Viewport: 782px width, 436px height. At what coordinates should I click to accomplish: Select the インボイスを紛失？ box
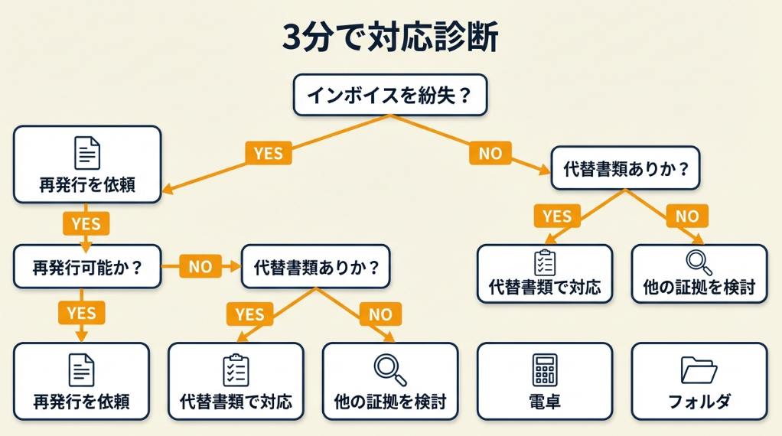pyautogui.click(x=390, y=95)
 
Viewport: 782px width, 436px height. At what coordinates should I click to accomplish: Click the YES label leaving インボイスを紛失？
pyautogui.click(x=268, y=154)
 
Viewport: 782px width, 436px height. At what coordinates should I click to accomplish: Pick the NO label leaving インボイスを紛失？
pyautogui.click(x=490, y=154)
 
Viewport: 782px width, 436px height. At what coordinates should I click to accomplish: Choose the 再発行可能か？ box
pyautogui.click(x=87, y=267)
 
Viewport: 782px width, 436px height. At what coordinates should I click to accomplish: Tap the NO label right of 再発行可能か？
pyautogui.click(x=200, y=267)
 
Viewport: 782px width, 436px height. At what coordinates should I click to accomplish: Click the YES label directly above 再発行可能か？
pyautogui.click(x=86, y=223)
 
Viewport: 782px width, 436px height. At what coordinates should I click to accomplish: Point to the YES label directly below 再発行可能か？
pyautogui.click(x=81, y=313)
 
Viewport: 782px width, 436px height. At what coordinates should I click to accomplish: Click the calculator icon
pyautogui.click(x=544, y=369)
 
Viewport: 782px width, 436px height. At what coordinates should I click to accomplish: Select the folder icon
pyautogui.click(x=699, y=370)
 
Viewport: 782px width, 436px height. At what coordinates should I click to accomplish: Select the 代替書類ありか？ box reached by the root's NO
pyautogui.click(x=626, y=168)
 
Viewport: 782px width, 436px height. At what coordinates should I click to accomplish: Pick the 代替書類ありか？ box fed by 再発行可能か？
pyautogui.click(x=315, y=267)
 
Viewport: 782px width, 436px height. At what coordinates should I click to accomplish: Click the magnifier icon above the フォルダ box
pyautogui.click(x=699, y=262)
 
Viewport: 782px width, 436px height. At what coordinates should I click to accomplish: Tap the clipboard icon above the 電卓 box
pyautogui.click(x=544, y=262)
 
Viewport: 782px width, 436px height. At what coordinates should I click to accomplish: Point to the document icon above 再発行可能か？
pyautogui.click(x=86, y=152)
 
